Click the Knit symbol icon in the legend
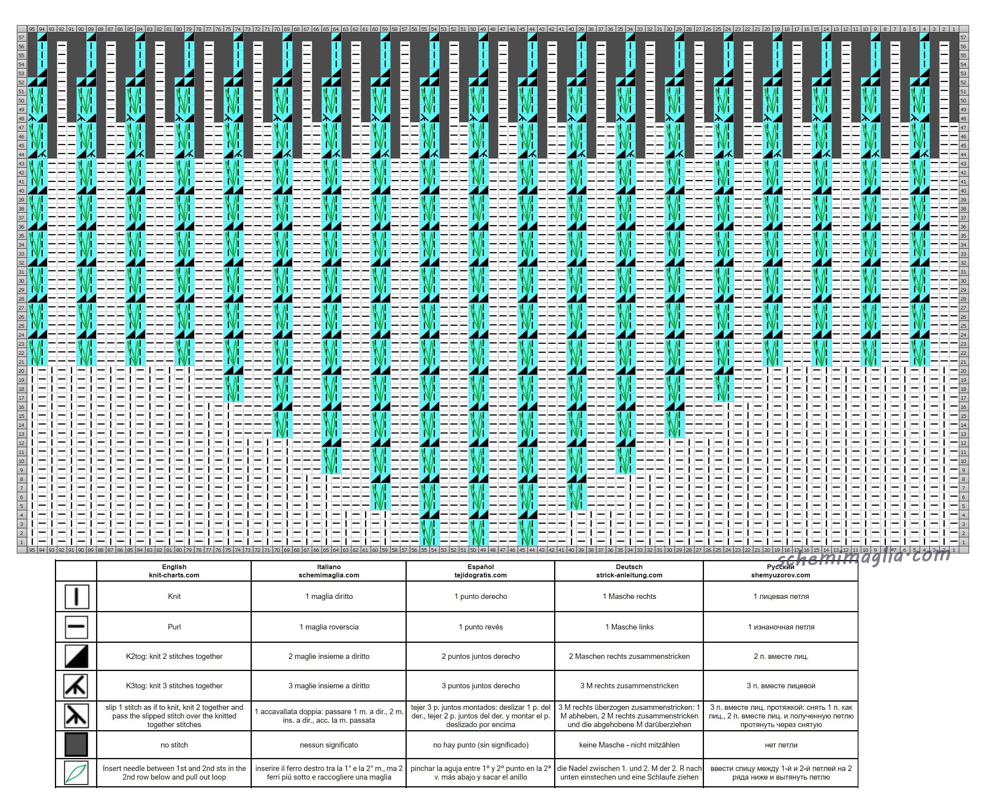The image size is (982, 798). click(x=76, y=597)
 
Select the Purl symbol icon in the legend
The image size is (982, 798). click(x=76, y=627)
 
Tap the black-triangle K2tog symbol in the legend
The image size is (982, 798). click(x=76, y=656)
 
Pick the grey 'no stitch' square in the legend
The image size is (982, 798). click(x=76, y=745)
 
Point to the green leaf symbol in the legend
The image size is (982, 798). click(x=76, y=774)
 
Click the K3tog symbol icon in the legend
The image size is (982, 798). click(x=76, y=686)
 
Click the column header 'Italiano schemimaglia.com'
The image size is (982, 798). click(x=329, y=571)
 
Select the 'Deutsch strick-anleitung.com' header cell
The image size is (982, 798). click(x=629, y=571)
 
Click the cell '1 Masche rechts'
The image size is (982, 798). click(x=629, y=596)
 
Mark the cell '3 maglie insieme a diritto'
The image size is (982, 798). click(x=329, y=686)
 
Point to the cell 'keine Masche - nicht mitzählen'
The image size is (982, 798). click(x=629, y=745)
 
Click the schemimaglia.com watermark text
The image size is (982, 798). click(x=863, y=557)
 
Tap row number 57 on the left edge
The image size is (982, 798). click(x=22, y=37)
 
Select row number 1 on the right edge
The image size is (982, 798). click(x=963, y=542)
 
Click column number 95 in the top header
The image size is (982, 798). click(x=32, y=29)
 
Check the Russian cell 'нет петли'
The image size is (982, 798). click(x=780, y=745)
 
